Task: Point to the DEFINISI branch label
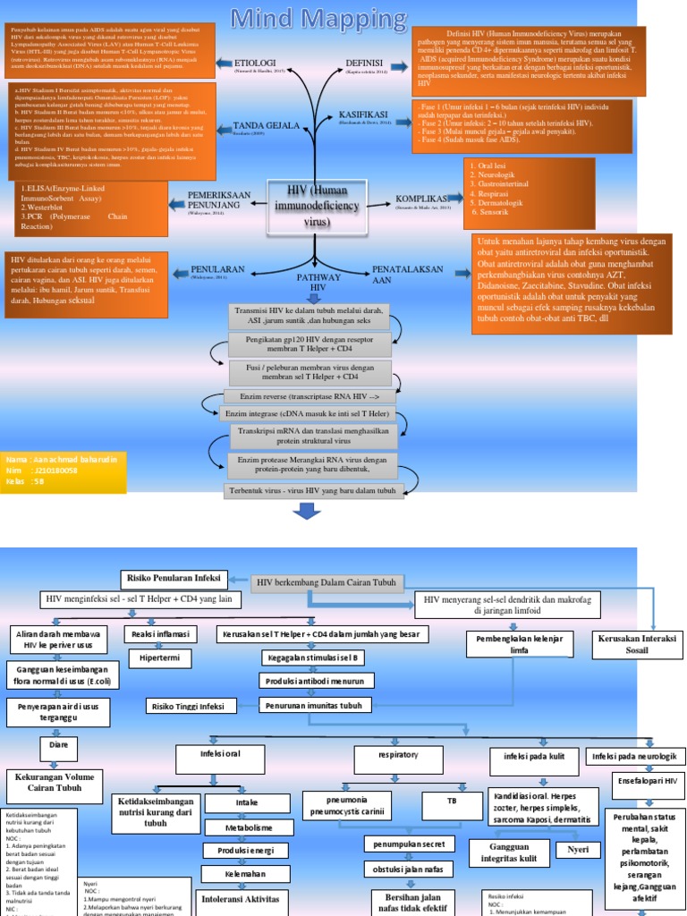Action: pos(365,62)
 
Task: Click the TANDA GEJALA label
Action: pos(266,125)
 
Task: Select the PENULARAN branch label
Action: pos(216,268)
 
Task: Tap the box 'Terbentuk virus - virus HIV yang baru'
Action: pos(313,490)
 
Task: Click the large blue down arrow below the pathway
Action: pos(306,511)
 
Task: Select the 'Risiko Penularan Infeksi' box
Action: pos(175,578)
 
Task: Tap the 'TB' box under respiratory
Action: pos(452,802)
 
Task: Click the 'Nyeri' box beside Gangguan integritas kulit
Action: pos(577,850)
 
